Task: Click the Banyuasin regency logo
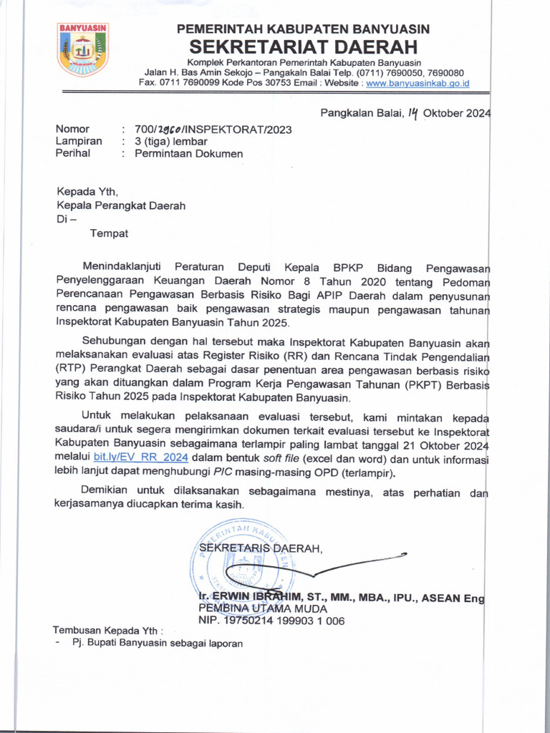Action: [x=82, y=49]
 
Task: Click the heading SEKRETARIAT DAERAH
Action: [x=302, y=48]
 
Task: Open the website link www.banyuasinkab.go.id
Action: [x=418, y=83]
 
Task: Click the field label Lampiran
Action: [x=79, y=141]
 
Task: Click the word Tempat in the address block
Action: [x=110, y=232]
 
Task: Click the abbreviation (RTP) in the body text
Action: [x=72, y=369]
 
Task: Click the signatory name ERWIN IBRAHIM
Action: [x=261, y=597]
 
